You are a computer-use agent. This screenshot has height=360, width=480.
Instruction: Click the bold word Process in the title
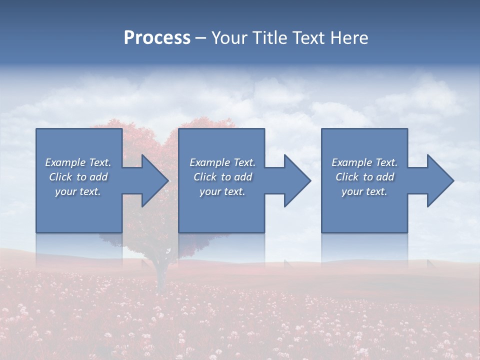157,38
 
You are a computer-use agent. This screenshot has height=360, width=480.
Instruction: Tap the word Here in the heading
349,38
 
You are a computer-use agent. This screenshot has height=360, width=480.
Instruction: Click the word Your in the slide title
231,38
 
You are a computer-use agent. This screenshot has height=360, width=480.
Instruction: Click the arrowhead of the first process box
155,180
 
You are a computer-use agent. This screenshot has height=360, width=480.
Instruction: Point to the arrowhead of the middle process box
297,180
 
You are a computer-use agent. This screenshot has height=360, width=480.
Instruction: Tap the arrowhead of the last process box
440,180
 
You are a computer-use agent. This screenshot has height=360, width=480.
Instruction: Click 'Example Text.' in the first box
78,162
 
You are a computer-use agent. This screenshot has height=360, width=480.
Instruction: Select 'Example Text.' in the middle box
222,162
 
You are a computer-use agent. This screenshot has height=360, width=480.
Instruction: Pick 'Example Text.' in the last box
364,162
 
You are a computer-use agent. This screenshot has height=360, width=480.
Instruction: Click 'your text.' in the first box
78,191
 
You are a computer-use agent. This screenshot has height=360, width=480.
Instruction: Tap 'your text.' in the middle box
222,191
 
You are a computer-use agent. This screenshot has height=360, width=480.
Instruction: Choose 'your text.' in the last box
364,191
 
